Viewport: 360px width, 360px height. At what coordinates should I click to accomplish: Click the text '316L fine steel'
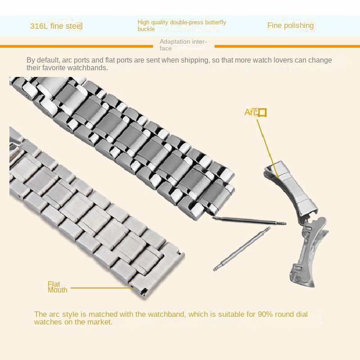point(56,26)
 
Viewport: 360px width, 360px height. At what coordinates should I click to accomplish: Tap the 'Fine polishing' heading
point(290,26)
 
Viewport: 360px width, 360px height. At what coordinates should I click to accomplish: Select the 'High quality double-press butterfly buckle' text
point(182,26)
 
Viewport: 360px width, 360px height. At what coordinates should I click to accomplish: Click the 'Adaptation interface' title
point(183,45)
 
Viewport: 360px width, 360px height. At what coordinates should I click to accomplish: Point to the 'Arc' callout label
point(251,112)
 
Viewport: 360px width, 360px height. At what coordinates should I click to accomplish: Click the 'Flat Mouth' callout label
point(58,287)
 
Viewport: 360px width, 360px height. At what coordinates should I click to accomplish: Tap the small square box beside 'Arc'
point(262,113)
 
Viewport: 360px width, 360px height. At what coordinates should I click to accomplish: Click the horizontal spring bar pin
point(249,220)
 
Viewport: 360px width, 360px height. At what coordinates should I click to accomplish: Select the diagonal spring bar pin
point(242,249)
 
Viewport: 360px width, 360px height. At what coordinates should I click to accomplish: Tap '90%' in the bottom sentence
point(265,314)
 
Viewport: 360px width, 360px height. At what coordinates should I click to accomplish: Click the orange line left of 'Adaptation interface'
point(76,46)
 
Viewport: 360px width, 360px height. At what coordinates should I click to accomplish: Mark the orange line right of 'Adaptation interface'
point(287,46)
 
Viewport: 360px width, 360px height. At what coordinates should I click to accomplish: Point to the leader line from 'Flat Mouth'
point(102,288)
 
